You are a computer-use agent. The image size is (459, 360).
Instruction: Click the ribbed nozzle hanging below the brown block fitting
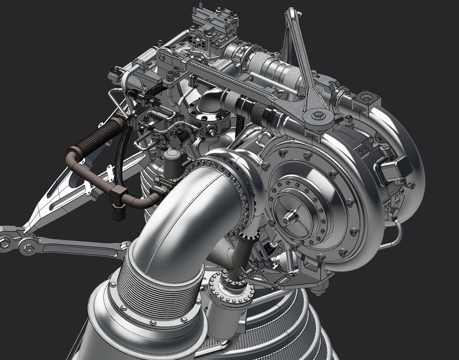(118, 213)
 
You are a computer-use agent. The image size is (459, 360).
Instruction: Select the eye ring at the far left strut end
(5, 243)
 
